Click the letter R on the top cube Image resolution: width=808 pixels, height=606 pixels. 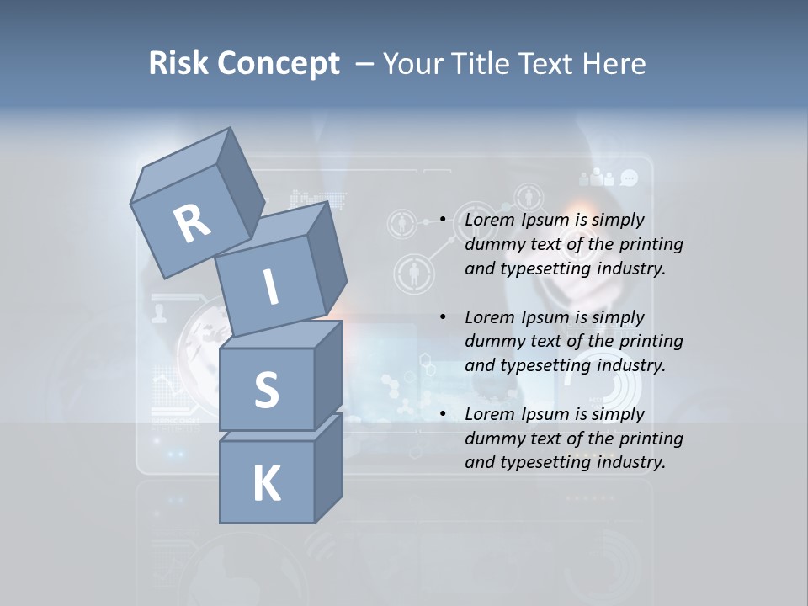pos(192,223)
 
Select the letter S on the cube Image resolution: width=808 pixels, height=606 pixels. pos(266,390)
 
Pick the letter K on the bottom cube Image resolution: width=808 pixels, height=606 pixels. pos(266,483)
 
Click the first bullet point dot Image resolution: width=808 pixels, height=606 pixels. pos(442,221)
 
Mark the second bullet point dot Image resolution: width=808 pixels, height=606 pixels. pos(442,318)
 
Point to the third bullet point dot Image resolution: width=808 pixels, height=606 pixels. pos(442,415)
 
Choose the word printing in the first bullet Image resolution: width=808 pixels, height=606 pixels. pos(651,245)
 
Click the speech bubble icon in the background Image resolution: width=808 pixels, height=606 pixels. pos(630,178)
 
